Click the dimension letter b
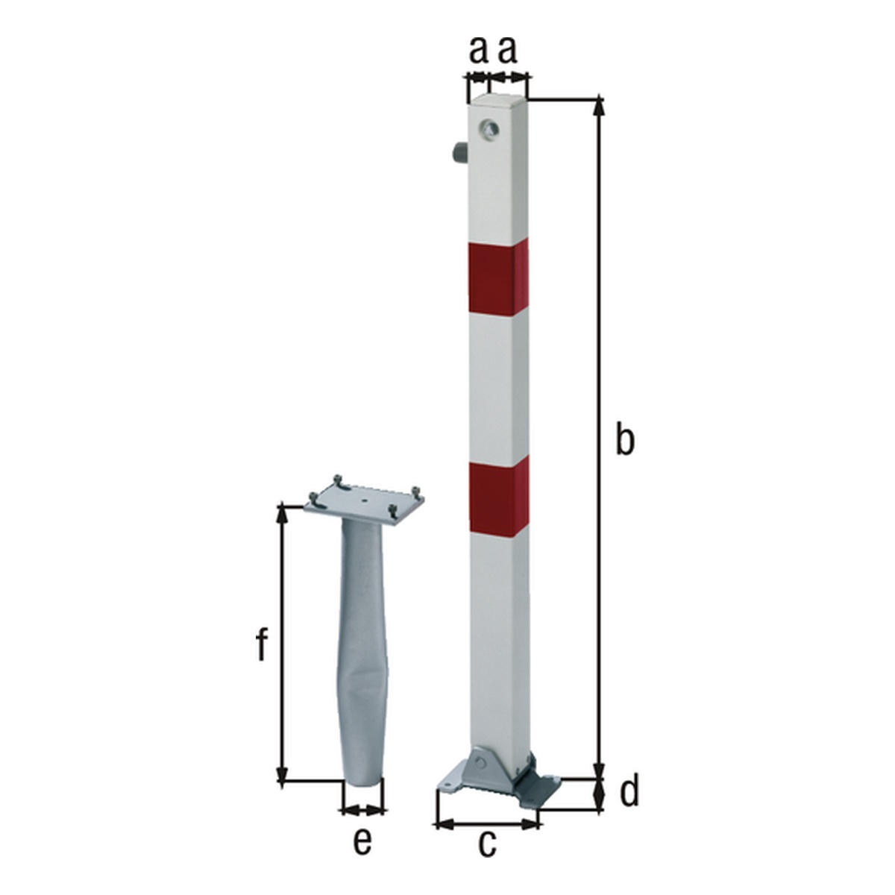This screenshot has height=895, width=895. coord(625,442)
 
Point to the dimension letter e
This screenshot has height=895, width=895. coord(362,839)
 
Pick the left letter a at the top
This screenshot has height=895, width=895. coord(478,51)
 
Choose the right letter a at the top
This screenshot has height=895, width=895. coord(508,51)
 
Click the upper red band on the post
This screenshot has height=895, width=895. coord(498,279)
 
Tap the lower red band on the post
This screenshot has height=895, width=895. coord(499,498)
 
